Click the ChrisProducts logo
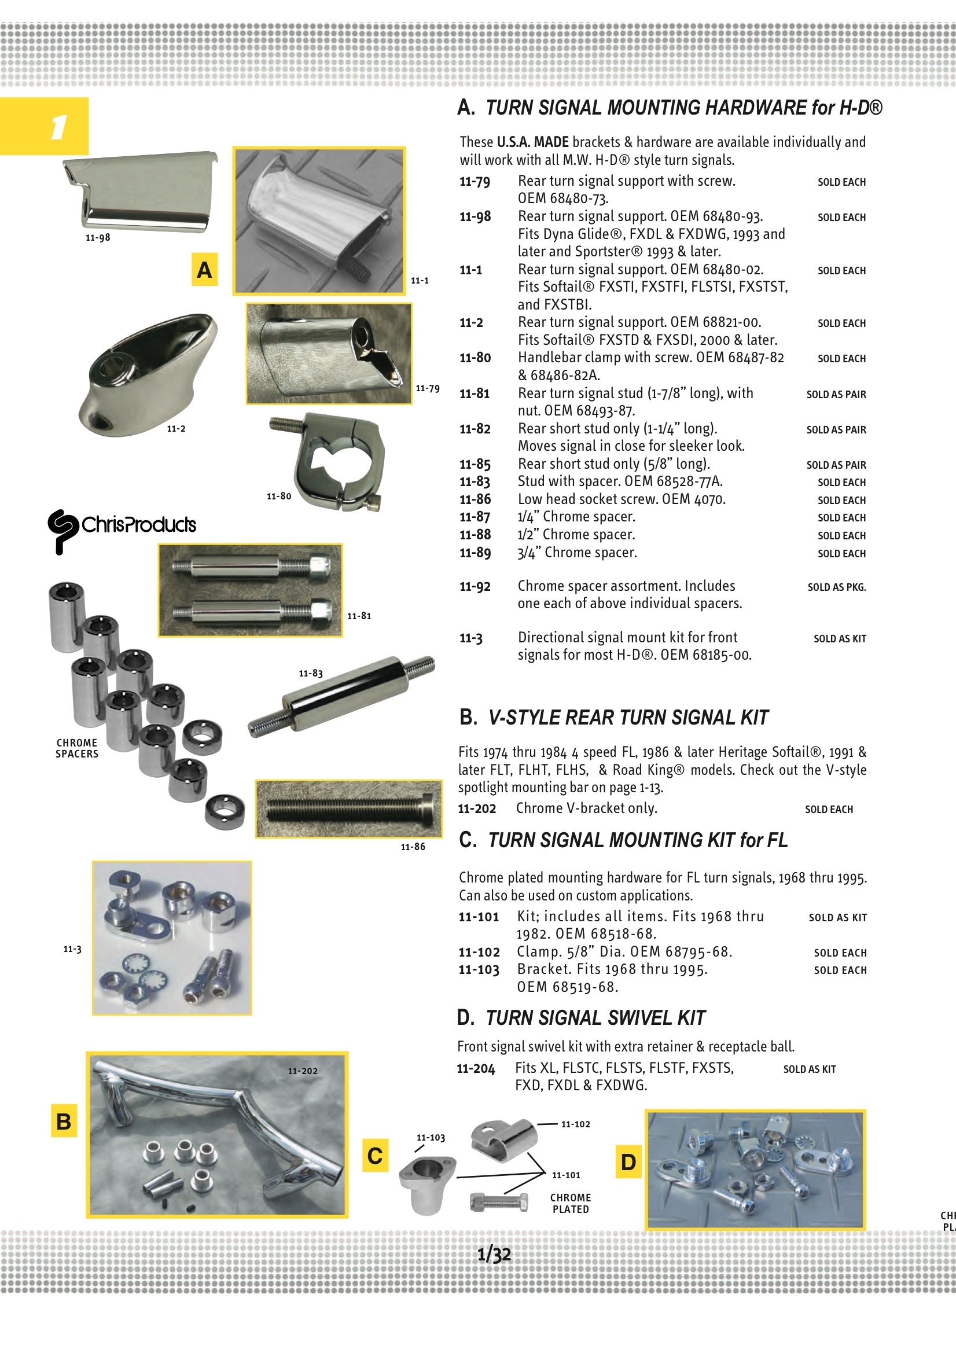[x=122, y=527]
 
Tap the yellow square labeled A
[x=204, y=269]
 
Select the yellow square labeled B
[x=64, y=1121]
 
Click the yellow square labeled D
[x=628, y=1162]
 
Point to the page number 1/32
[x=494, y=1254]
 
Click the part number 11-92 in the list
[x=475, y=587]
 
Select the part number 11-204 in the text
[x=476, y=1069]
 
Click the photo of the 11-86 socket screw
[x=348, y=809]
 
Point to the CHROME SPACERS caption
[x=76, y=748]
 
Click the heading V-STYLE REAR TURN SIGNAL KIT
[x=628, y=718]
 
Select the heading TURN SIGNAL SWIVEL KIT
[x=595, y=1019]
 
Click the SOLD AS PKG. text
[x=836, y=587]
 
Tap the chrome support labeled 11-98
[x=140, y=190]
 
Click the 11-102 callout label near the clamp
[x=575, y=1124]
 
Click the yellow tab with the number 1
[x=44, y=126]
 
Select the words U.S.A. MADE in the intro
[x=532, y=142]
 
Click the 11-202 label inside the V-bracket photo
[x=302, y=1071]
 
